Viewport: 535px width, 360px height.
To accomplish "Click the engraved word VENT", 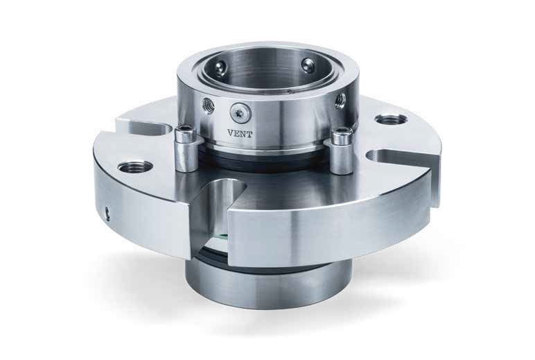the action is tap(240, 134).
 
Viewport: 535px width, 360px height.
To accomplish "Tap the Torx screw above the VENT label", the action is tap(240, 112).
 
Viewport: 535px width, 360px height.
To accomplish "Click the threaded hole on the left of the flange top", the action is tap(135, 167).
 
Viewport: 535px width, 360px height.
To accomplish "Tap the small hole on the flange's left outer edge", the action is tap(108, 212).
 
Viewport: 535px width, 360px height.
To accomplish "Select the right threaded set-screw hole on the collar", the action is tap(340, 100).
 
